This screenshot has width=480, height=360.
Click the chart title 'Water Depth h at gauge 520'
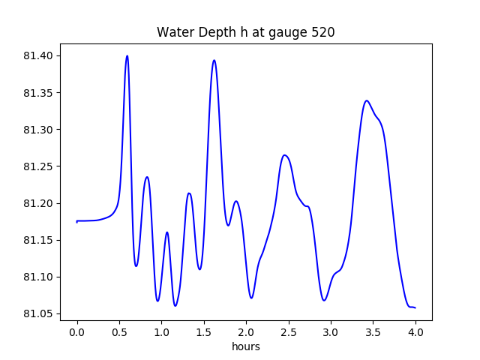coord(245,32)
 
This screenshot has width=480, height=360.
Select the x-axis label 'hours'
coord(246,346)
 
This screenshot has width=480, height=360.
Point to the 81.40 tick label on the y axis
coord(38,56)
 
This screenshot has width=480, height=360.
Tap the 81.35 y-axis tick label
coord(38,93)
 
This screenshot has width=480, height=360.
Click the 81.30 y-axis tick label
coord(38,130)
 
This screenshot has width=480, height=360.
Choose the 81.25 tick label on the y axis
coord(38,166)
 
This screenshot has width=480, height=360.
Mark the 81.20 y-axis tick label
coord(38,203)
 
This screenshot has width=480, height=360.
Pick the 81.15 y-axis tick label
coord(38,240)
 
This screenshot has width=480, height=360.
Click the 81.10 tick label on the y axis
coord(38,277)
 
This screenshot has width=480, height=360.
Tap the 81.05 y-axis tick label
coord(38,313)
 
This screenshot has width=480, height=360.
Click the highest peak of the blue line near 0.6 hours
coord(127,55)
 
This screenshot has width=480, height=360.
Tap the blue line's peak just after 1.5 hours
coord(214,60)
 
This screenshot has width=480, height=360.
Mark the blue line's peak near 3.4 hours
coord(366,100)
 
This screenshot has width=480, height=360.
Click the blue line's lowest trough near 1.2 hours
coord(175,306)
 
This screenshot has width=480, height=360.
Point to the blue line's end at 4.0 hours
coord(415,307)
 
